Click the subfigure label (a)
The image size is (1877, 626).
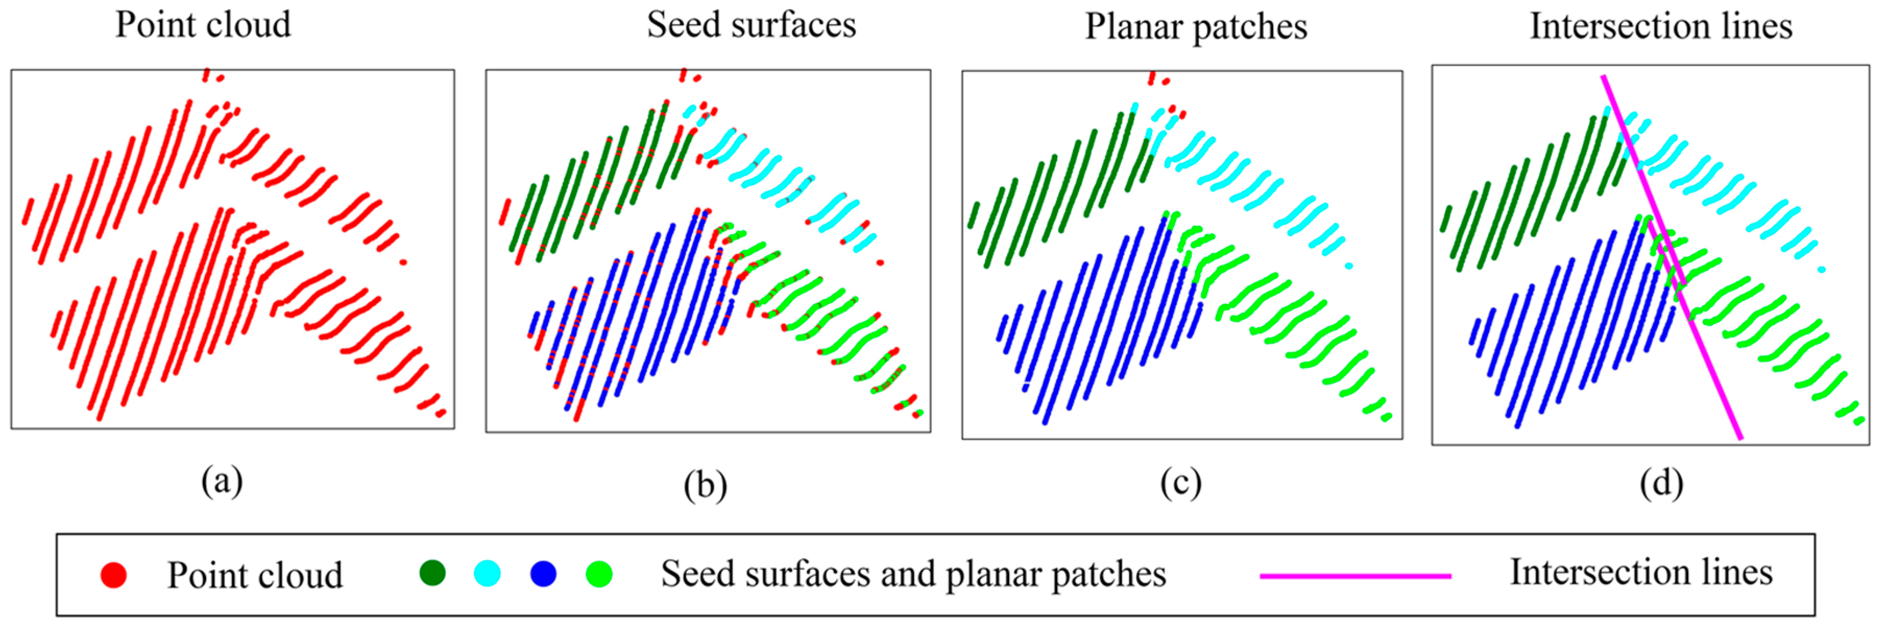[x=222, y=481]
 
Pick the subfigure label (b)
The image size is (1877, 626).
[x=705, y=485]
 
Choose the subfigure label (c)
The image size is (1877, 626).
[x=1180, y=483]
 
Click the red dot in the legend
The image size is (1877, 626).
[x=114, y=575]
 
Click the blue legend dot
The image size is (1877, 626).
[x=543, y=573]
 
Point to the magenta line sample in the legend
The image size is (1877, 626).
[x=1355, y=576]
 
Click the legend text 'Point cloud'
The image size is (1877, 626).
[x=255, y=575]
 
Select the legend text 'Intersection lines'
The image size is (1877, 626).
[x=1640, y=572]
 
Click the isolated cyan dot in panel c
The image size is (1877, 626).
[x=1349, y=266]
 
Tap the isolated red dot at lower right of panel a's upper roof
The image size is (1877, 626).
[x=404, y=262]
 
